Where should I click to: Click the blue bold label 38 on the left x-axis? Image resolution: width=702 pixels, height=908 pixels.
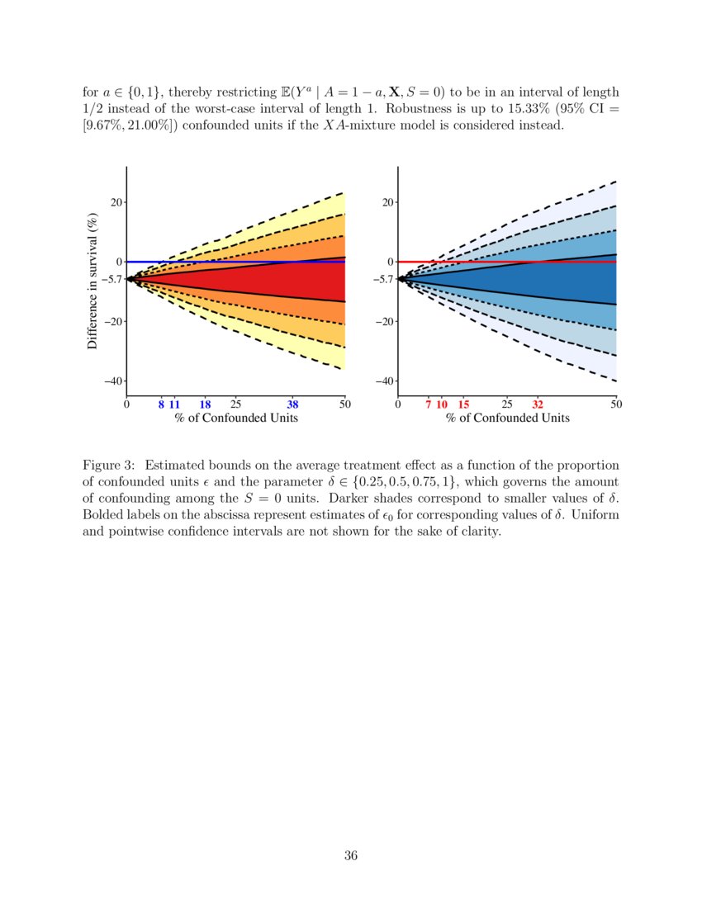[x=292, y=404]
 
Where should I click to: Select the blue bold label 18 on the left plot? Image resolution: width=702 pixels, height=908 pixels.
[x=206, y=404]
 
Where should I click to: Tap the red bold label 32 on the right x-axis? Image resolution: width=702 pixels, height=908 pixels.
[x=538, y=404]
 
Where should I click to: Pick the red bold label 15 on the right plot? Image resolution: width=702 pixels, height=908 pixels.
[x=463, y=404]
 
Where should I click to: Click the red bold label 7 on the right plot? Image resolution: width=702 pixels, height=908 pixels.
[x=429, y=404]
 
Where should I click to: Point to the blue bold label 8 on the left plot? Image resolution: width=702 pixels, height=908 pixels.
[x=161, y=404]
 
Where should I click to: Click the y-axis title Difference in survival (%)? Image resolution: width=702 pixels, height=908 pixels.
[x=92, y=281]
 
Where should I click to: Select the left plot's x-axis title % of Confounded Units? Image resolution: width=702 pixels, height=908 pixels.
[x=236, y=419]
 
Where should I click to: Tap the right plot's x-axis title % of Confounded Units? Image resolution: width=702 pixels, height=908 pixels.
[x=508, y=419]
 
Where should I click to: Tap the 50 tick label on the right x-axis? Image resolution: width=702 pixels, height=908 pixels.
[x=616, y=404]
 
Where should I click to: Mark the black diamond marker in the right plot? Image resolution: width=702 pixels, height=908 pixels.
[x=401, y=279]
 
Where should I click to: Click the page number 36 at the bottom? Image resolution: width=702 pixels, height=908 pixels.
[x=350, y=855]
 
